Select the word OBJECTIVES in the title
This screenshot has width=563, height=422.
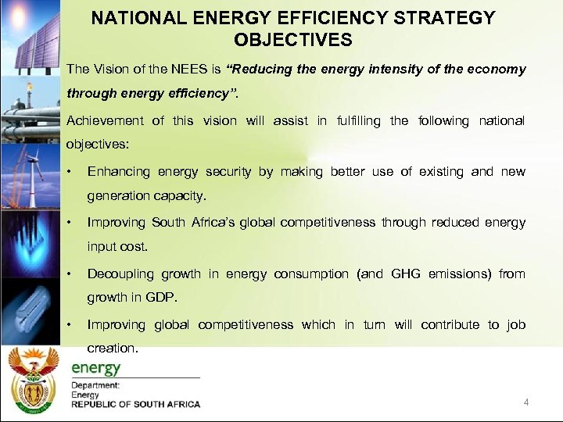coord(293,39)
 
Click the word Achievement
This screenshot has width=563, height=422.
coord(105,120)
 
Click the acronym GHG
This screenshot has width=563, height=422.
coord(406,274)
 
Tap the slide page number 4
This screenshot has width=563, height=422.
coord(526,402)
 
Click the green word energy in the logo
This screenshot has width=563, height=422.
coord(95,368)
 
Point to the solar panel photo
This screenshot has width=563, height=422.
coord(30,35)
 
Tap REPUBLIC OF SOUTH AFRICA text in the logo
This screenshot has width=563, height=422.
coord(136,405)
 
